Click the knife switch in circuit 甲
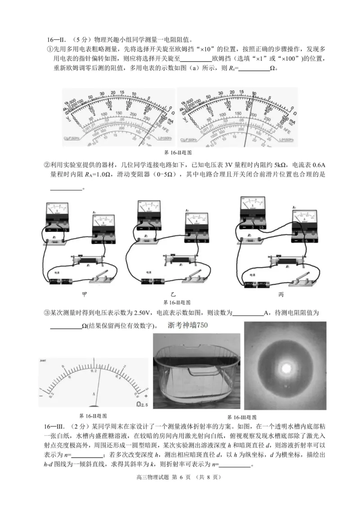click(x=104, y=278)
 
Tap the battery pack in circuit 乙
click(x=152, y=281)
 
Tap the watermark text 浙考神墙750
click(x=188, y=326)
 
